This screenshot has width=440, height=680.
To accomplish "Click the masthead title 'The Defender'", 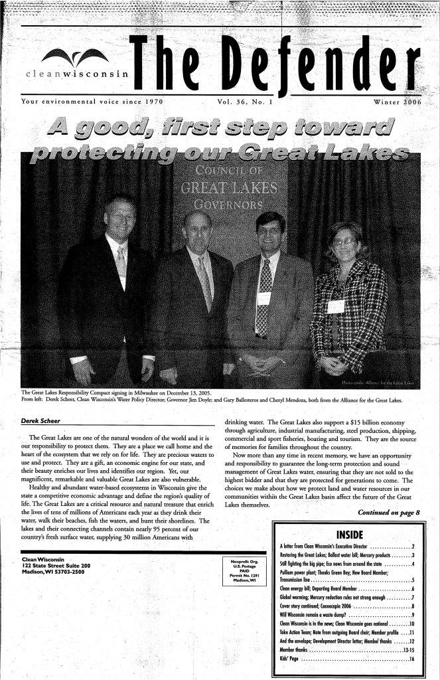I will point(276,66).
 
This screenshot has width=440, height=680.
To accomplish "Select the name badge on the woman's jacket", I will point(336,306).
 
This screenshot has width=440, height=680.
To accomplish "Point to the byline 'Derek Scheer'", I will point(41,421).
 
